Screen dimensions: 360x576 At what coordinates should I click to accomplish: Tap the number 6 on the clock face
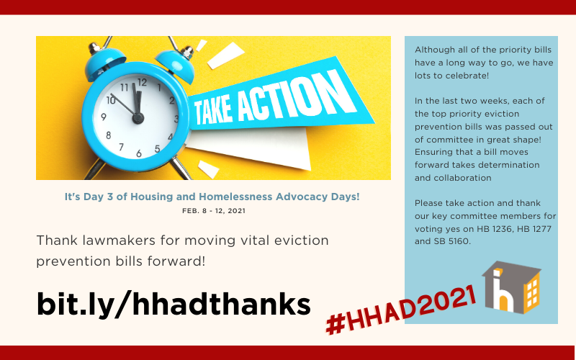pyautogui.click(x=138, y=153)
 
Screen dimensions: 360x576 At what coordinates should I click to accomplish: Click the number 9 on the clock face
pyautogui.click(x=104, y=117)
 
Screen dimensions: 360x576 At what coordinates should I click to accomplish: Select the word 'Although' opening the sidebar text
pyautogui.click(x=435, y=49)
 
